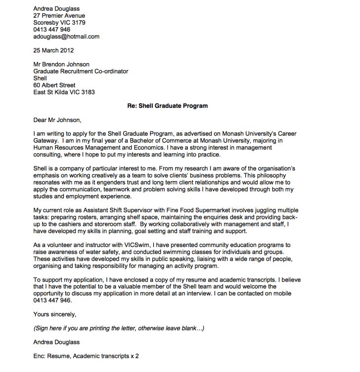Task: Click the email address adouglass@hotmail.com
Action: pyautogui.click(x=66, y=37)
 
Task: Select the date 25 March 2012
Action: pyautogui.click(x=54, y=50)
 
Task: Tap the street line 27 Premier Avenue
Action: pyautogui.click(x=59, y=16)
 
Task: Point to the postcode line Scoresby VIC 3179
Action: pyautogui.click(x=59, y=23)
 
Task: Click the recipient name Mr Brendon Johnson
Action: pyautogui.click(x=61, y=64)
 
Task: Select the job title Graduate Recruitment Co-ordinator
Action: pyautogui.click(x=81, y=71)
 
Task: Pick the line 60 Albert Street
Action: pyautogui.click(x=54, y=85)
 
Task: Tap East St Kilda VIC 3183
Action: pyautogui.click(x=64, y=92)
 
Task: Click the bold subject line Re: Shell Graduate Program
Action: pyautogui.click(x=167, y=106)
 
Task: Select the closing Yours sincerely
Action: pyautogui.click(x=55, y=314)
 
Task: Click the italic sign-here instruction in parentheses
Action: pyautogui.click(x=118, y=328)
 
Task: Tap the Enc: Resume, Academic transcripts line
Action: pyautogui.click(x=86, y=356)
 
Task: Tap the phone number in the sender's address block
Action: pyautogui.click(x=52, y=30)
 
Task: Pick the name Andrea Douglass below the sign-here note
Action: pyautogui.click(x=56, y=342)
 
